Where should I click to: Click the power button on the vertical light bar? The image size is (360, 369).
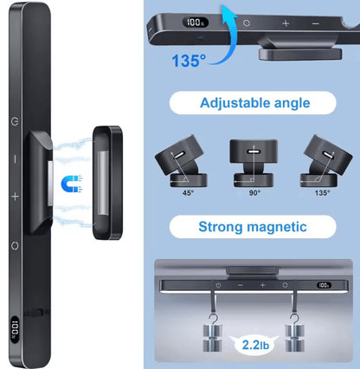(15, 121)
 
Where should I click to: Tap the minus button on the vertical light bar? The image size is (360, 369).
(16, 159)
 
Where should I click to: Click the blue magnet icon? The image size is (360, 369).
(72, 184)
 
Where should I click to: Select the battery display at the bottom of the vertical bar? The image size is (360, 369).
(15, 329)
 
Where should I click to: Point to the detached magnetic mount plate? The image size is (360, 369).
(107, 183)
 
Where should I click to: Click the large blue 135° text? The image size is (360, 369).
(189, 61)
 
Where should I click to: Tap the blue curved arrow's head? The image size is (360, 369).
(229, 12)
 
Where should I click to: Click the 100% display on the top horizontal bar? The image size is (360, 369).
(196, 23)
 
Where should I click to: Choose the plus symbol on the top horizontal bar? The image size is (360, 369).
(286, 23)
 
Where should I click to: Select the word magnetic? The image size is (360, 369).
(277, 227)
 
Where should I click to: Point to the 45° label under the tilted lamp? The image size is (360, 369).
(188, 192)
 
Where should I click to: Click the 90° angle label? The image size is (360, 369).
(254, 192)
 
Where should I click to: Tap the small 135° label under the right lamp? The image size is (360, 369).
(322, 192)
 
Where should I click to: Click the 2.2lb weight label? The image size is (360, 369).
(255, 345)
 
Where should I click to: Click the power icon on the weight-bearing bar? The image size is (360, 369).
(218, 285)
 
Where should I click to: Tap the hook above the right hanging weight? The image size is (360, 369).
(294, 319)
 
